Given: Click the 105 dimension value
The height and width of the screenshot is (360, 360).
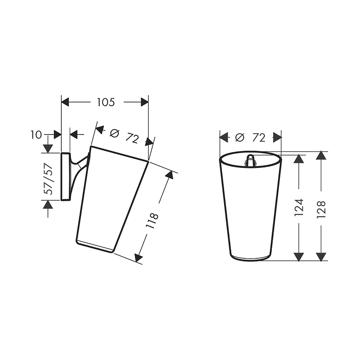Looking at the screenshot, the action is pyautogui.click(x=106, y=102).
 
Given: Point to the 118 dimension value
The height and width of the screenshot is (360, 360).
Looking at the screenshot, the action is pyautogui.click(x=152, y=221).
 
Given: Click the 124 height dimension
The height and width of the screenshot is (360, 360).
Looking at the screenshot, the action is pyautogui.click(x=299, y=207).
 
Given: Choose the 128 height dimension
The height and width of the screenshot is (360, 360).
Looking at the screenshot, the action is pyautogui.click(x=321, y=209).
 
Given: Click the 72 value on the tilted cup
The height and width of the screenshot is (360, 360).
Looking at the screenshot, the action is pyautogui.click(x=132, y=139).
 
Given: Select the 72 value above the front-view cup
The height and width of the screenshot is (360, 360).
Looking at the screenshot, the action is pyautogui.click(x=259, y=138).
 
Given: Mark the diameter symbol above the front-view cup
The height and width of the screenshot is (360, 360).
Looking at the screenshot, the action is pyautogui.click(x=240, y=138).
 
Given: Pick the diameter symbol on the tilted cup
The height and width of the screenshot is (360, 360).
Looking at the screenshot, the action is pyautogui.click(x=115, y=133).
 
